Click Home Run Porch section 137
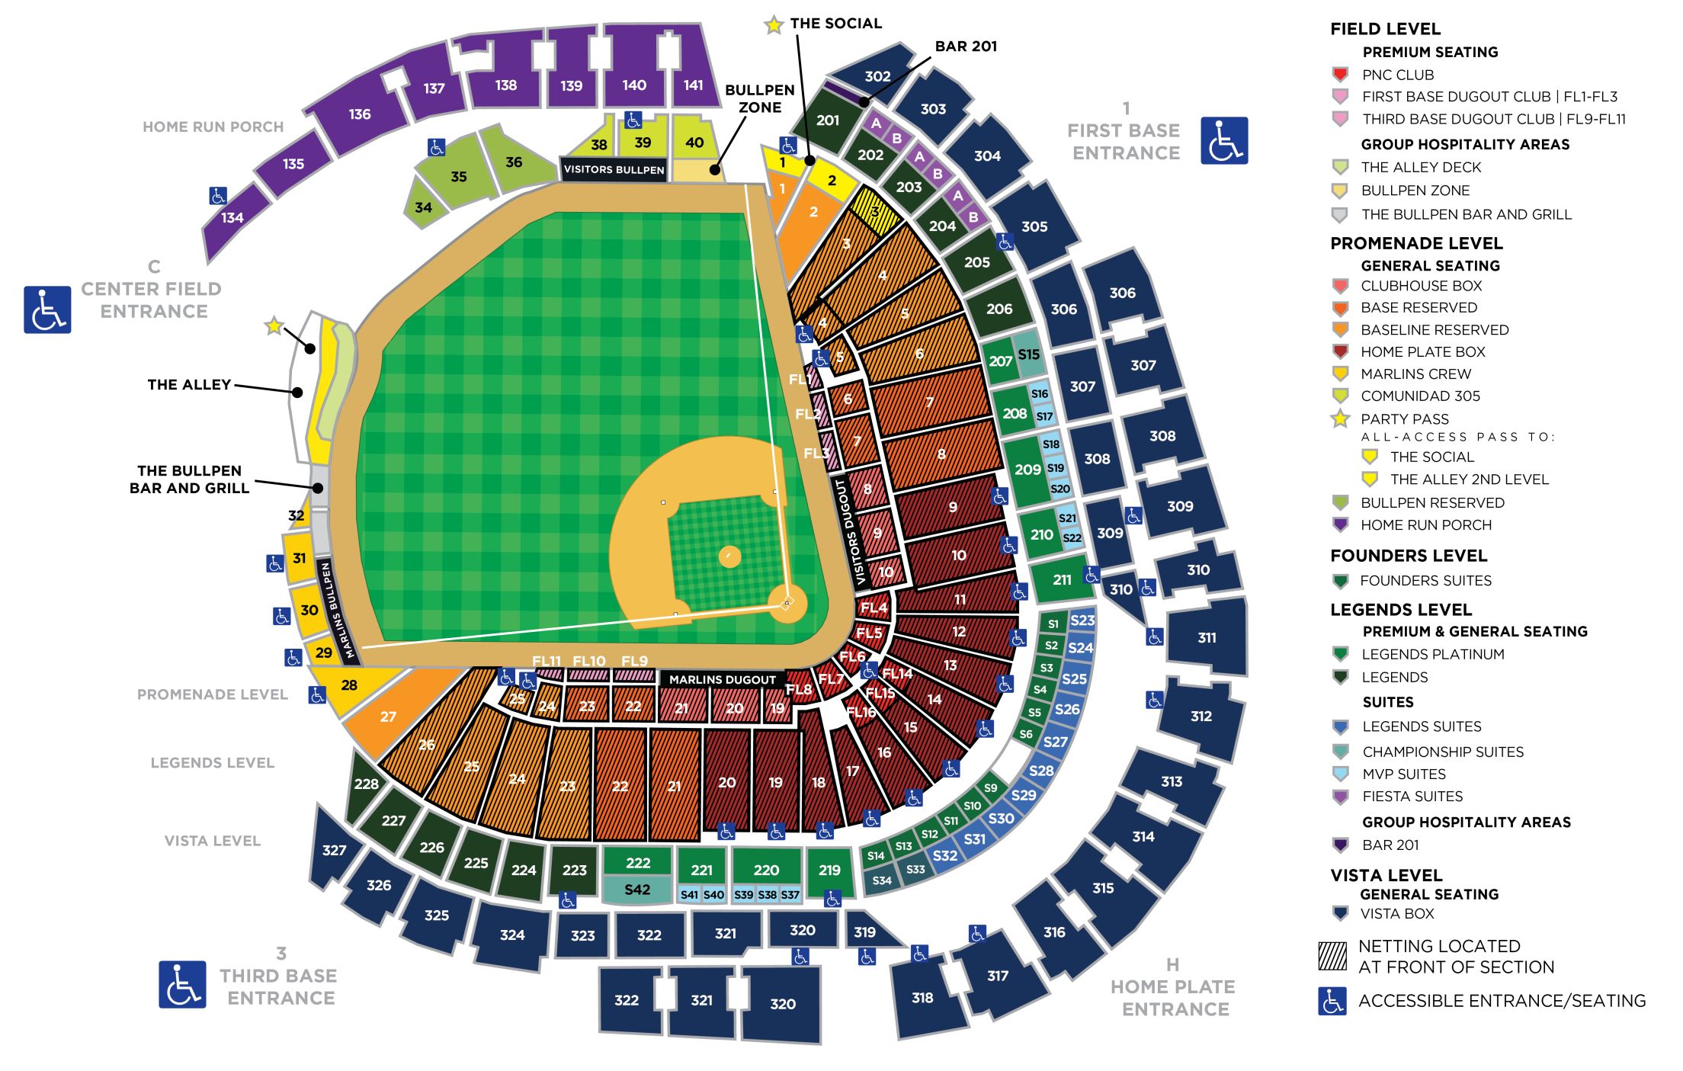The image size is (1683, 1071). (434, 88)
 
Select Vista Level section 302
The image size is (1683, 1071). (877, 75)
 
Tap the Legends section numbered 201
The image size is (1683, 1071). (828, 120)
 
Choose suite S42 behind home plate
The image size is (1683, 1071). (637, 890)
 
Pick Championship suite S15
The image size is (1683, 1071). (1029, 354)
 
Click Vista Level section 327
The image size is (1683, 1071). (334, 850)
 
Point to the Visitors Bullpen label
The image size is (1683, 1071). (614, 169)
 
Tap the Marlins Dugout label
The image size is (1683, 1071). (722, 679)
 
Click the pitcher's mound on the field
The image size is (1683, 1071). (729, 556)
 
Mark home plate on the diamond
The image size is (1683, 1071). (787, 603)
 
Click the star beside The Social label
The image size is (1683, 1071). (774, 25)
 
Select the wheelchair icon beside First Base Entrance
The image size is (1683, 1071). (1224, 140)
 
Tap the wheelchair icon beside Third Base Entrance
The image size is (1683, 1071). (182, 984)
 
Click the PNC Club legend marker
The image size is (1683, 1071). (1340, 75)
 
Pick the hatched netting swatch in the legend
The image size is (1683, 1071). (1332, 956)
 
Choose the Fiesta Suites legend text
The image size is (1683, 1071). (1412, 797)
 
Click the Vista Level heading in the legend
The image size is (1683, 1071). (1386, 875)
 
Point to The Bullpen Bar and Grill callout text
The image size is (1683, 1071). (189, 479)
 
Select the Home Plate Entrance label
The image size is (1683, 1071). (1173, 997)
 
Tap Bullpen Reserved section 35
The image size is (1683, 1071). (458, 177)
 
